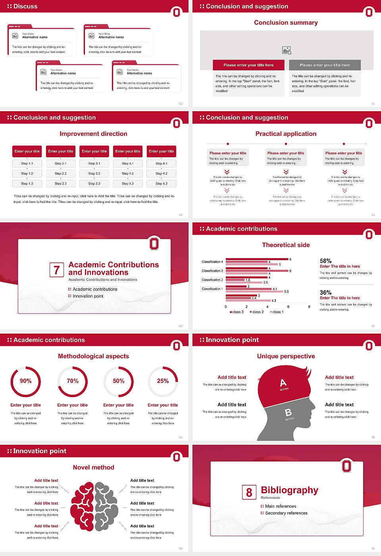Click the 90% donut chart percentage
pyautogui.click(x=26, y=381)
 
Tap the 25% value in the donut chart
pyautogui.click(x=163, y=381)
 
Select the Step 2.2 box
pyautogui.click(x=61, y=174)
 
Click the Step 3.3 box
pyautogui.click(x=94, y=183)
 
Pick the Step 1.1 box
pyautogui.click(x=27, y=163)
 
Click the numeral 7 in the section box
pyautogui.click(x=56, y=270)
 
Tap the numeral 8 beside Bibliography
pyautogui.click(x=249, y=492)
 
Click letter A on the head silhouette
pyautogui.click(x=283, y=383)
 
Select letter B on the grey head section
pyautogui.click(x=288, y=413)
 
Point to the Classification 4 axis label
pyautogui.click(x=212, y=262)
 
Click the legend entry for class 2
pyautogui.click(x=257, y=312)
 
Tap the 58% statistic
pyautogui.click(x=325, y=261)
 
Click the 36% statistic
pyautogui.click(x=325, y=293)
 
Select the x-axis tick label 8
pyautogui.click(x=309, y=307)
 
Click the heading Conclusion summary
pyautogui.click(x=286, y=23)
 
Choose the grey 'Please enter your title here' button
pyautogui.click(x=325, y=65)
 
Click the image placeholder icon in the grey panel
pyautogui.click(x=287, y=50)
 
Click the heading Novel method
pyautogui.click(x=94, y=467)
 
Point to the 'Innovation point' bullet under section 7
pyautogui.click(x=88, y=296)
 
